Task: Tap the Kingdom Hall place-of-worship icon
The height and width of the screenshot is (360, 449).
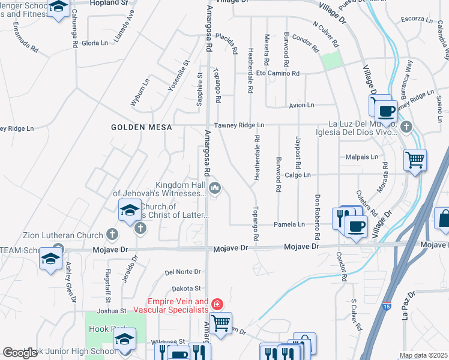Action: pos(215,190)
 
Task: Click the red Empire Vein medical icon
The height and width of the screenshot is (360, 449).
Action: pos(217,305)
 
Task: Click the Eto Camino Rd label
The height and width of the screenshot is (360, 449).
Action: pos(278,73)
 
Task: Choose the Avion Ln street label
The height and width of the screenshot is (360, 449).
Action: pos(301,105)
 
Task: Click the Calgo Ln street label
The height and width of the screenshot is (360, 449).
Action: pos(298,175)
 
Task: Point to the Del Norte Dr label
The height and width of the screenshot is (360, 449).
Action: pos(182,272)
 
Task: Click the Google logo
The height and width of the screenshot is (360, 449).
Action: pos(20,353)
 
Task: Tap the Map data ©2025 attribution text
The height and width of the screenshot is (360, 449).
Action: pos(424,355)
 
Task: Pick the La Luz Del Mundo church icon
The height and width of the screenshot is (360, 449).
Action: pos(406,127)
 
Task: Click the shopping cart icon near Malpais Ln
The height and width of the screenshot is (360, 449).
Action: pos(415,160)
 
